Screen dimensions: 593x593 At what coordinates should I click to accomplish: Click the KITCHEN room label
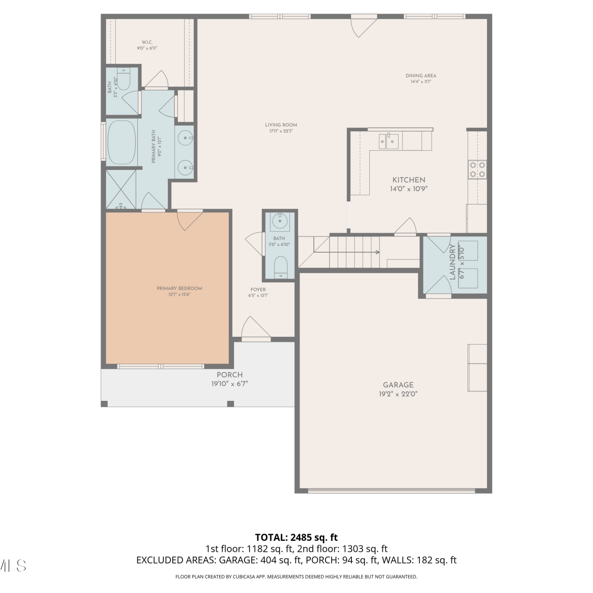click(409, 180)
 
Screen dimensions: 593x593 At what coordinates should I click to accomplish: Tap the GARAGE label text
click(398, 385)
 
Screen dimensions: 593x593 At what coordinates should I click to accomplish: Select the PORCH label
click(230, 375)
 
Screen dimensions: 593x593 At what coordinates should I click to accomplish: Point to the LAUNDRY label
click(453, 262)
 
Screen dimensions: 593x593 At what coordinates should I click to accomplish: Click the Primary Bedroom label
click(179, 289)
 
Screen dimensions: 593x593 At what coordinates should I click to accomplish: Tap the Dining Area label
click(421, 76)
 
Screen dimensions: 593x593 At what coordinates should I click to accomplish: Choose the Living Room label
click(281, 125)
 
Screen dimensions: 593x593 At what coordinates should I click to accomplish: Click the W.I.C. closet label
click(147, 42)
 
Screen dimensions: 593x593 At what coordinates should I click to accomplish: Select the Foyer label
click(258, 290)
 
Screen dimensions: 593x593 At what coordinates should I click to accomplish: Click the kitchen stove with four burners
click(478, 170)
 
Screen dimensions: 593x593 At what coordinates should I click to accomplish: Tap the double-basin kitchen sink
click(389, 141)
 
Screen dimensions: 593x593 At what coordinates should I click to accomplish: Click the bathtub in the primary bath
click(122, 142)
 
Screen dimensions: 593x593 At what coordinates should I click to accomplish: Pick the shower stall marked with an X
click(121, 189)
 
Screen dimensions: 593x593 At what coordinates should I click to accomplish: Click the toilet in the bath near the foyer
click(281, 267)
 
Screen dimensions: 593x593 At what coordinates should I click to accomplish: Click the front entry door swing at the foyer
click(256, 329)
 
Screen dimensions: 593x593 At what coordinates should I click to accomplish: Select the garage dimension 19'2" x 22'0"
click(398, 394)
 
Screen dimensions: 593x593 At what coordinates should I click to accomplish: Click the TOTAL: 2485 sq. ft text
click(296, 538)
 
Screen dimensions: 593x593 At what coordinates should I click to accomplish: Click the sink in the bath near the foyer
click(280, 221)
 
